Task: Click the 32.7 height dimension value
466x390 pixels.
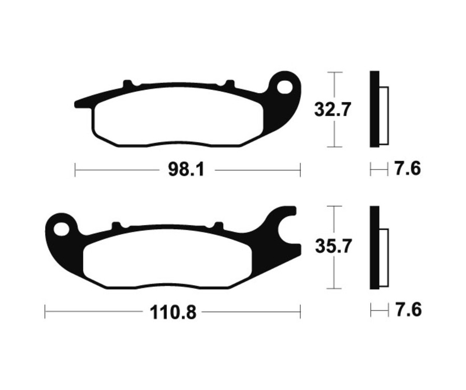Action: click(x=333, y=109)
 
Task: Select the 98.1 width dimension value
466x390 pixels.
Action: click(x=185, y=170)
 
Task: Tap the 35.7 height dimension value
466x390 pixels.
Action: click(x=333, y=246)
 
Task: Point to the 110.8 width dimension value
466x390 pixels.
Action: click(x=173, y=312)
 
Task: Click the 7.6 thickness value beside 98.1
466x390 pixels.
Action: click(x=407, y=169)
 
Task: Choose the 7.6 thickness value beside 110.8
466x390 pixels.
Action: click(x=407, y=310)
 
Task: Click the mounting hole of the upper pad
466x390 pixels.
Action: click(x=285, y=87)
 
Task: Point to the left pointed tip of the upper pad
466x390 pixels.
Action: click(x=78, y=104)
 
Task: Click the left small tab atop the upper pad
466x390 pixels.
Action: click(x=128, y=83)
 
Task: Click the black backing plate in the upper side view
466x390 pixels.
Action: click(x=374, y=109)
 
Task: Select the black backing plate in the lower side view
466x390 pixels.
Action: click(x=374, y=248)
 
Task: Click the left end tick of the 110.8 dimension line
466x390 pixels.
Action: click(x=46, y=312)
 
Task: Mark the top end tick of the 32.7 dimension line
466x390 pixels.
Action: click(x=335, y=72)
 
